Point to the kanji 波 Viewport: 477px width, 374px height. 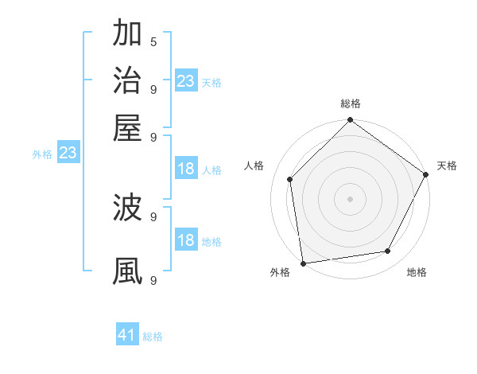(127, 208)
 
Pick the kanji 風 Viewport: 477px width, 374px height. (127, 271)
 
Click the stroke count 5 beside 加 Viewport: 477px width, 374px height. (153, 41)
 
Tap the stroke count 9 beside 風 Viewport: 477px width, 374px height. (153, 280)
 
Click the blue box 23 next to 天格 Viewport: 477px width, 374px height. (185, 81)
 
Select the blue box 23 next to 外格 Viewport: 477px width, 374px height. (67, 154)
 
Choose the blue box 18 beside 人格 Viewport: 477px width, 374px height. (185, 169)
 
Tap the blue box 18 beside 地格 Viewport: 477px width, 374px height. (185, 240)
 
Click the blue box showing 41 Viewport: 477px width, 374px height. (127, 335)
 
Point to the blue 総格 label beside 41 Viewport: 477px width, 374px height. (153, 337)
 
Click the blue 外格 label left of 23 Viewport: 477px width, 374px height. (42, 155)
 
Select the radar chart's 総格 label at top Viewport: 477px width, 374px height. (350, 104)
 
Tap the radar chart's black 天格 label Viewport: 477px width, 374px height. (447, 166)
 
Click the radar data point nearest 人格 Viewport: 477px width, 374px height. (290, 179)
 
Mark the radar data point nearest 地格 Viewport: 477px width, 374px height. (388, 251)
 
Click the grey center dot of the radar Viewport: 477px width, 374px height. (350, 198)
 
